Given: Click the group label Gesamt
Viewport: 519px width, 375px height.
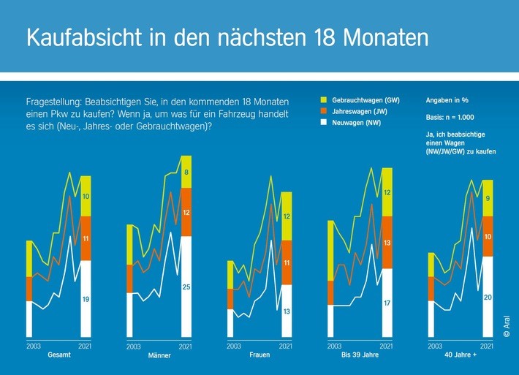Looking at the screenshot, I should tap(60, 355).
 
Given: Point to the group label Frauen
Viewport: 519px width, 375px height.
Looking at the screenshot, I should tap(259, 355).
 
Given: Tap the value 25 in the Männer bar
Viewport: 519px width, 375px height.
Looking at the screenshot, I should tap(186, 287).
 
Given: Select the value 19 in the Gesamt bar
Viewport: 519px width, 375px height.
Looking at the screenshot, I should tap(86, 299).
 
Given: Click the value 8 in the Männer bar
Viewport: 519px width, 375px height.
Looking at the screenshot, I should tap(186, 173).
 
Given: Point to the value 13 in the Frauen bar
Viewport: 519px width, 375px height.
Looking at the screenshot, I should tap(286, 311).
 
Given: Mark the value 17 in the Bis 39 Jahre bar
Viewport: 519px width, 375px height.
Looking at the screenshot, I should tap(387, 303).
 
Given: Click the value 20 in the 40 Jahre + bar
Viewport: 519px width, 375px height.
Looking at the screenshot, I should tap(488, 297).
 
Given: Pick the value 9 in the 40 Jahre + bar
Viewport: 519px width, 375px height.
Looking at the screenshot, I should tap(488, 198).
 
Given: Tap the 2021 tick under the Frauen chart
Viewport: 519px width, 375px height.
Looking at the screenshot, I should tap(286, 346).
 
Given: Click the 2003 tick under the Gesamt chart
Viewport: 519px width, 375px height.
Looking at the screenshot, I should tap(34, 346).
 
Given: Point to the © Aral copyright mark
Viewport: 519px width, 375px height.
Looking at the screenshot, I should tap(506, 323).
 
